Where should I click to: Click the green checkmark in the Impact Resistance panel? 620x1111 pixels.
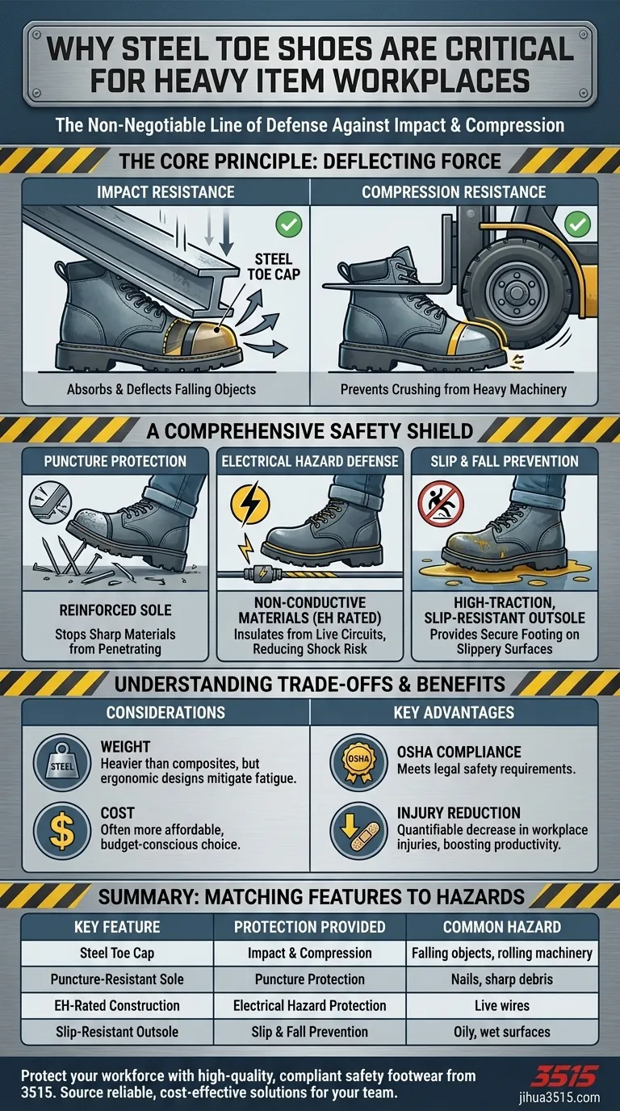click(x=289, y=224)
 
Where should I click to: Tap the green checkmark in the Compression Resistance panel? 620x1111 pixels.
click(x=577, y=224)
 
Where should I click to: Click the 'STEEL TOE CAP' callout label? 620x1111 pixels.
click(x=274, y=266)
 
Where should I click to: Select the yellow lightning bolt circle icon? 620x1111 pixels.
click(x=250, y=505)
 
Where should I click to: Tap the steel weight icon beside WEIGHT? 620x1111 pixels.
click(x=62, y=762)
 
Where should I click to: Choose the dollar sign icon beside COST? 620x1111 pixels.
click(x=62, y=831)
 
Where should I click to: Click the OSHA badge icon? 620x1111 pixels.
click(x=358, y=762)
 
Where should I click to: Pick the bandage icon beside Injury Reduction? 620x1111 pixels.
click(x=358, y=831)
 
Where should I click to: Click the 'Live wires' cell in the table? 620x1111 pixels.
click(x=502, y=1005)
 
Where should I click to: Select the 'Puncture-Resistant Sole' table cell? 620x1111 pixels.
click(x=117, y=979)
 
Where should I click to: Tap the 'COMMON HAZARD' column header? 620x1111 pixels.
click(x=502, y=927)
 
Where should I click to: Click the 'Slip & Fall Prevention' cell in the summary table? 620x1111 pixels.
click(x=309, y=1032)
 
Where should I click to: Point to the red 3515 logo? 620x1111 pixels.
click(x=564, y=1076)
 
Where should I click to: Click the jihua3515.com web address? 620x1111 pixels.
click(x=559, y=1097)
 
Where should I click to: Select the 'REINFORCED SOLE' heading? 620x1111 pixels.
click(x=115, y=610)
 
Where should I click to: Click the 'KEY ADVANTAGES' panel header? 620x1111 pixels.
click(x=454, y=713)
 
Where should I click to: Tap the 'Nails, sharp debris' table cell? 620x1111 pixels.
click(x=502, y=979)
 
